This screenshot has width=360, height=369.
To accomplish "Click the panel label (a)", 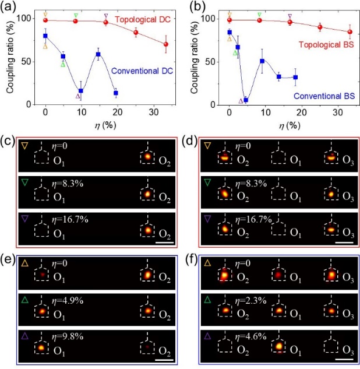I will click(10, 8).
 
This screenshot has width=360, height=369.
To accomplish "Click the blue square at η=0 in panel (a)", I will click(45, 36).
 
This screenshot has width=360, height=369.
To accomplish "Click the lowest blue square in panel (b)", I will click(246, 100).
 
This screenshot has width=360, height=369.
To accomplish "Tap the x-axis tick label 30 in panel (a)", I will click(154, 112).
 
